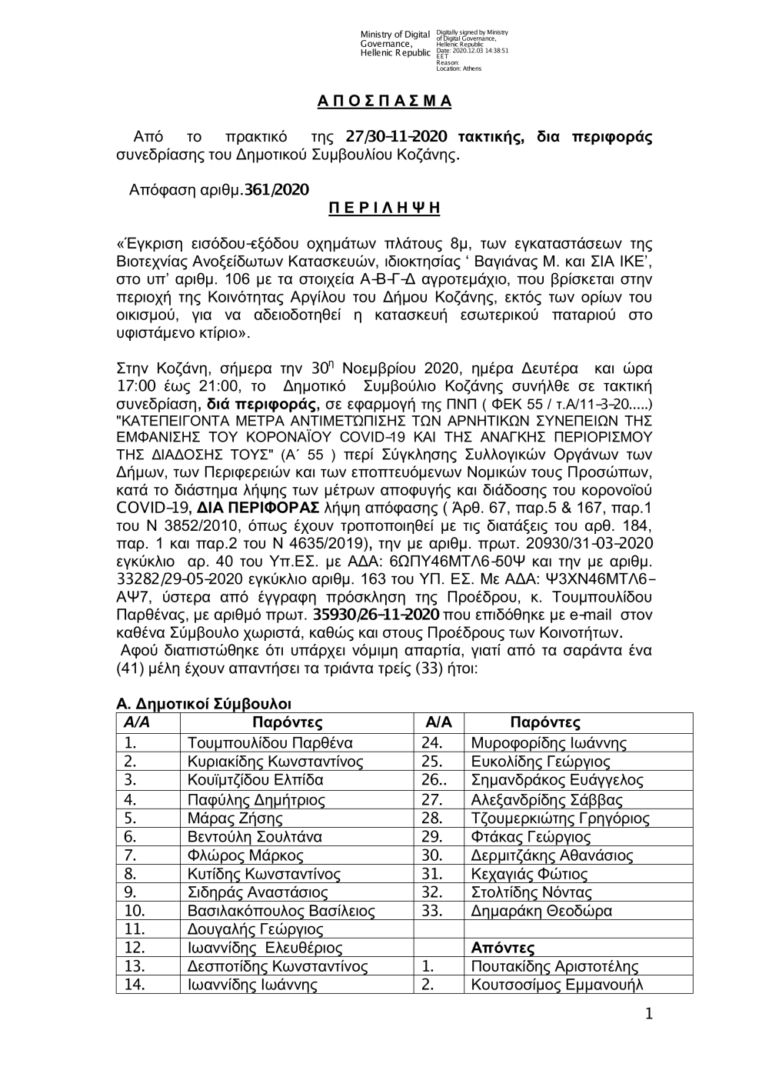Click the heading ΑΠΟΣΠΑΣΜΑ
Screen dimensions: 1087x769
click(384, 102)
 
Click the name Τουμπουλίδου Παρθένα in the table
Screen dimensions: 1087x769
click(270, 743)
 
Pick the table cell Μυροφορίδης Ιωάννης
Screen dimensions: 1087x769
click(548, 743)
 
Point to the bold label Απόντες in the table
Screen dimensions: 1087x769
click(502, 949)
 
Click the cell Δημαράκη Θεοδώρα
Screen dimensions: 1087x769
click(541, 912)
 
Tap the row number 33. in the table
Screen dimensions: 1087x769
click(432, 912)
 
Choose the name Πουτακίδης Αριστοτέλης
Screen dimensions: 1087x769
click(554, 967)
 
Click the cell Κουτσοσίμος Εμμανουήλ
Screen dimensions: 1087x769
click(556, 985)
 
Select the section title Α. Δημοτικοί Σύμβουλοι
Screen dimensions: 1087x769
click(203, 704)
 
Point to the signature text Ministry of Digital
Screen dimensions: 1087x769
click(394, 35)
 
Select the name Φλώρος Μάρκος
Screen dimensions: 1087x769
click(245, 855)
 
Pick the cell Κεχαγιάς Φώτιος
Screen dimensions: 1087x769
click(529, 874)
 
